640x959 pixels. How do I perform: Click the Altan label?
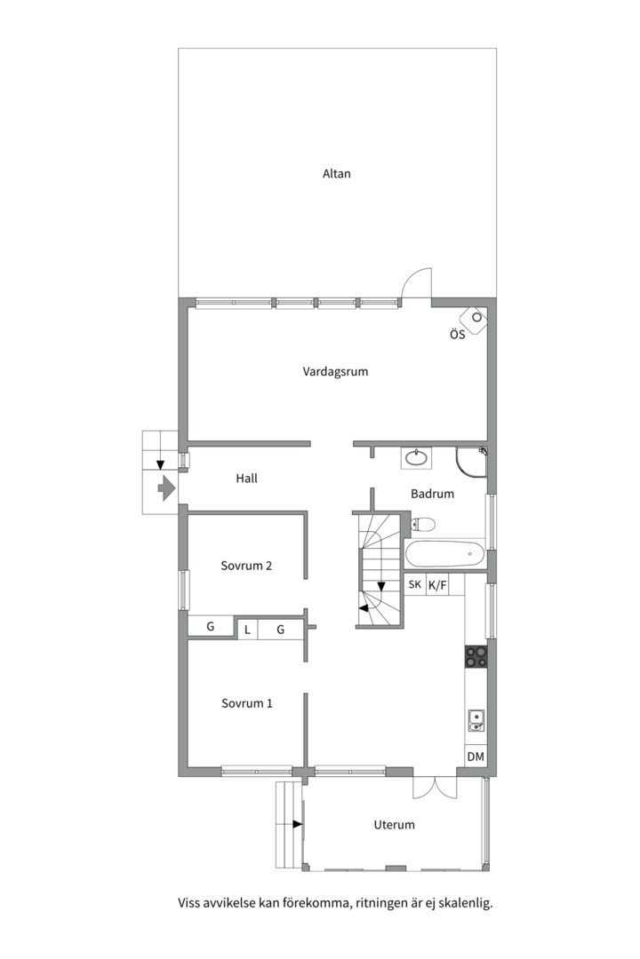[336, 174]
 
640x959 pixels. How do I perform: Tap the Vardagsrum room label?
[335, 371]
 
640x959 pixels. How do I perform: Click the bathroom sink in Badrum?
[417, 457]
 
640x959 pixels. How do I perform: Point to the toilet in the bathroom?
[422, 524]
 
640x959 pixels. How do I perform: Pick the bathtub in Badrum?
[445, 555]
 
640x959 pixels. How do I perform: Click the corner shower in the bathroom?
[471, 462]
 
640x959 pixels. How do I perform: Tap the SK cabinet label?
[414, 584]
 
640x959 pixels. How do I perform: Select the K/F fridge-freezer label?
[437, 585]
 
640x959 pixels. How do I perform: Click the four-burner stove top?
[476, 656]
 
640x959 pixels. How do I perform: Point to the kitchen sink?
[476, 720]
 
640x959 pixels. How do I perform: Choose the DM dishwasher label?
[476, 757]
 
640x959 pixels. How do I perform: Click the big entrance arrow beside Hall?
[166, 487]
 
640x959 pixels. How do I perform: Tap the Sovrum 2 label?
[246, 566]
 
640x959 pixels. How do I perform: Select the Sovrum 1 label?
[247, 703]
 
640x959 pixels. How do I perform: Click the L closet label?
[247, 630]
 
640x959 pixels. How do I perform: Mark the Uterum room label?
[394, 825]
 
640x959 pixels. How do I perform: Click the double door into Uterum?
[435, 788]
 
